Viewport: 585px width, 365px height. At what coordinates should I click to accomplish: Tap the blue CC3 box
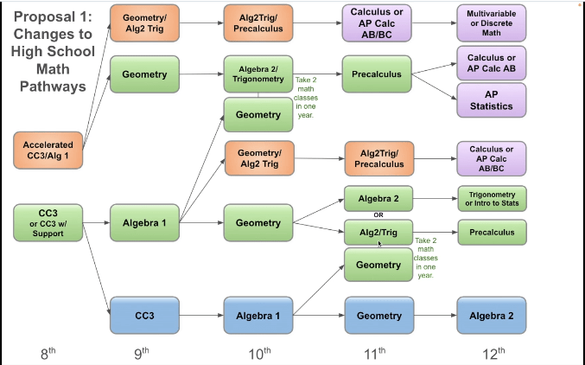143,316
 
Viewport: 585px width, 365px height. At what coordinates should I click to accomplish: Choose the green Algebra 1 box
143,222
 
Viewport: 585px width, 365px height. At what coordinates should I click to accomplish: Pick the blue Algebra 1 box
258,316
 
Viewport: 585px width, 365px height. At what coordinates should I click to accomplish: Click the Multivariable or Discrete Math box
491,21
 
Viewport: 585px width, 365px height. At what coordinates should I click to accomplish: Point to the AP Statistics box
491,100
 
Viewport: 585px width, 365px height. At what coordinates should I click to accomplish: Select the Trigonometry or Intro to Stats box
491,198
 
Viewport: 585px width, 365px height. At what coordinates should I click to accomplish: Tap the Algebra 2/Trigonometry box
258,74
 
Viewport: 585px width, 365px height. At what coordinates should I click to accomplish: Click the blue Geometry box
378,316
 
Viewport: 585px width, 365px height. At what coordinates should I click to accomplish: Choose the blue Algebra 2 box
491,316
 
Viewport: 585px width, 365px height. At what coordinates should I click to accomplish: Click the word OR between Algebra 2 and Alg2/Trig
378,215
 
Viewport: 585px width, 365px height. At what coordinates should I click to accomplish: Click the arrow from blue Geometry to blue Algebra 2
434,316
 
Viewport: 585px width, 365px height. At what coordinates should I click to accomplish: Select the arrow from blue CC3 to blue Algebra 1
200,316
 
